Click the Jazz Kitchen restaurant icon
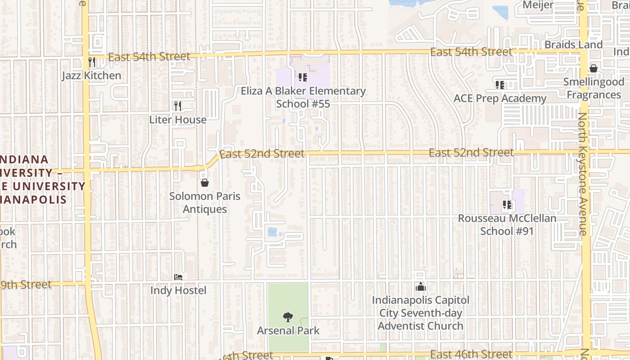tap(92, 62)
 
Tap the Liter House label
tap(178, 120)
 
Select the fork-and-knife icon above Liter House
tap(178, 106)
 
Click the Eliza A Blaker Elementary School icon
tap(303, 77)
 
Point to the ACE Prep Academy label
tap(499, 99)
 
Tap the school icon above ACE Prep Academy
tap(499, 85)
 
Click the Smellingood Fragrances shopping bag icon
tap(594, 68)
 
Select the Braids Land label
tap(573, 45)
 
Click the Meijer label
tap(538, 4)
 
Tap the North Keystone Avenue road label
tap(583, 174)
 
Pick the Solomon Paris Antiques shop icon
tap(205, 183)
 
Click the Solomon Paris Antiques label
tap(205, 202)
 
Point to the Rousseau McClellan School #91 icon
tap(507, 205)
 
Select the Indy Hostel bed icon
tap(178, 277)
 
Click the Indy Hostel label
tap(178, 290)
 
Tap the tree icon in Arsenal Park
tap(288, 317)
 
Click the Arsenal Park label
tap(288, 331)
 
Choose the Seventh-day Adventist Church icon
tap(421, 287)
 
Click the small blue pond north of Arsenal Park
tap(272, 232)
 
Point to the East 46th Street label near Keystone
tap(471, 355)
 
